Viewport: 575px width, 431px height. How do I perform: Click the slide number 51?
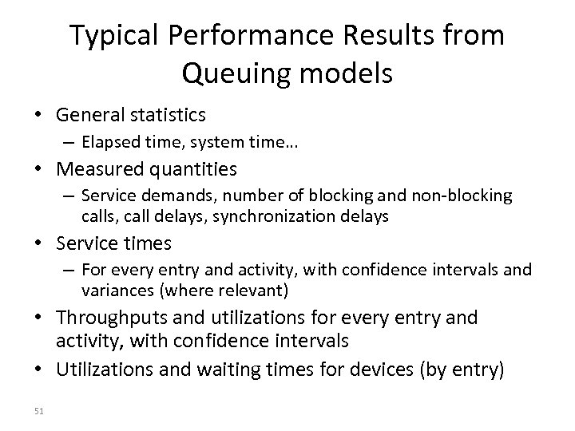tap(41, 411)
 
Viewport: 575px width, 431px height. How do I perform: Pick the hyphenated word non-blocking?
tap(466, 196)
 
